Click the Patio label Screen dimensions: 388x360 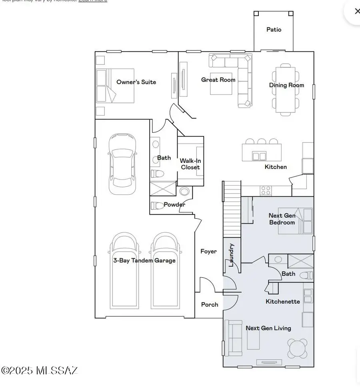point(274,30)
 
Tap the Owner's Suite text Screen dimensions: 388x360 point(136,82)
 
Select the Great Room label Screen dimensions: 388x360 point(218,80)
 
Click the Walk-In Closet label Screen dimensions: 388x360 point(190,164)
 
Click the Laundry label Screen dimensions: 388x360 point(231,255)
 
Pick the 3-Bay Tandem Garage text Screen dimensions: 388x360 point(144,260)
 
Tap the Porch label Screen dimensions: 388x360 point(210,304)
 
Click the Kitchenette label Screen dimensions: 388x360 point(283,301)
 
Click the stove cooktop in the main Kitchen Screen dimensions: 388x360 point(266,190)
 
